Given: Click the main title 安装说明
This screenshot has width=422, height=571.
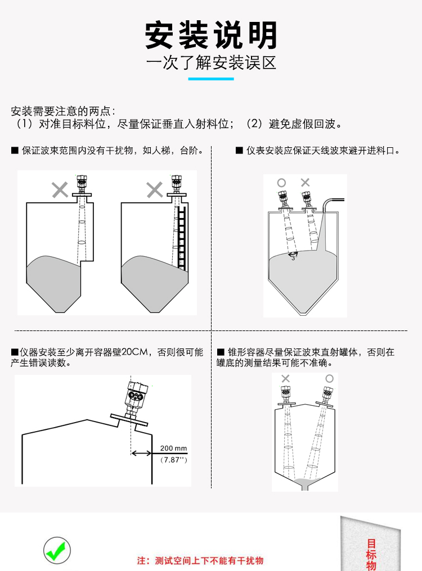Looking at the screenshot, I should tap(211, 35).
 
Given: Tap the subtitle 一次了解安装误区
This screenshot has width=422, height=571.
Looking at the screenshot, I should tap(211, 62).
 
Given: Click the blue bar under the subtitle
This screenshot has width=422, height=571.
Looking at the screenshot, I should tap(211, 79).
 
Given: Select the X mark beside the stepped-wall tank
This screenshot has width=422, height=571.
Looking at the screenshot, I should tap(60, 190).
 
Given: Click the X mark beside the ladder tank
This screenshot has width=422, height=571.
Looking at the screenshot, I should tap(154, 190).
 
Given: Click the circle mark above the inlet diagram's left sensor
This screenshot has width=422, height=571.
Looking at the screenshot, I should tap(281, 183).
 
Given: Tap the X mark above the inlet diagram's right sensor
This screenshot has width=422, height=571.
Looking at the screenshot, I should tap(305, 183).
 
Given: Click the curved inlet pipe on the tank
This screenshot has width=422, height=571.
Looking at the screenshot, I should tap(329, 205).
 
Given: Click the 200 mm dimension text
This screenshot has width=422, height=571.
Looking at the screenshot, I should tap(173, 448).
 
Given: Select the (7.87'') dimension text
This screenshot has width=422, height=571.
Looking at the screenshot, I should tap(173, 460).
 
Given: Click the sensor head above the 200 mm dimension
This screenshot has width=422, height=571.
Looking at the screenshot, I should tap(136, 393).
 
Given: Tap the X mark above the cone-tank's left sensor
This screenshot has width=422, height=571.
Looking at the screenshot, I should tap(285, 379).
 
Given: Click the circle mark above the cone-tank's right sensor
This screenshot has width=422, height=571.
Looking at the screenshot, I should tap(329, 379).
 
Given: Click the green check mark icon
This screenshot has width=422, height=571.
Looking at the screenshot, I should tap(57, 551).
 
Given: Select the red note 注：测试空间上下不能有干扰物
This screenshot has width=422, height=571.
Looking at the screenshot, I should tap(201, 560).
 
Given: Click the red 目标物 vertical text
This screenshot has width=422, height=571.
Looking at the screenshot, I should tap(371, 554).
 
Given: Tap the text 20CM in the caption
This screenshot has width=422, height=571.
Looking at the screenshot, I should tap(137, 352).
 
